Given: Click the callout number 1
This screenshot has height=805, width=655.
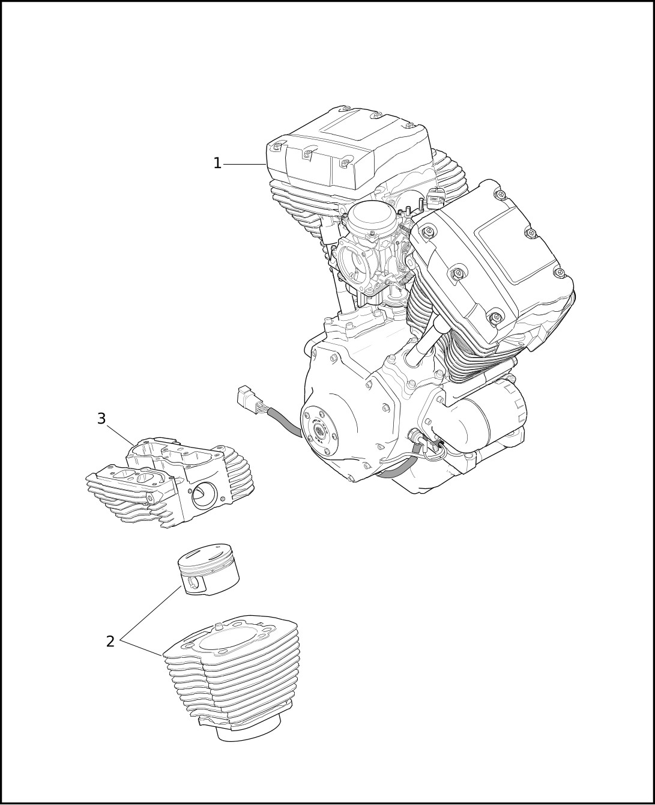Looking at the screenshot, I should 217,163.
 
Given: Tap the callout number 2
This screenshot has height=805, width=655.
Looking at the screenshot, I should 110,642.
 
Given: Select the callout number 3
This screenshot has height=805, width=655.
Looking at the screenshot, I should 101,419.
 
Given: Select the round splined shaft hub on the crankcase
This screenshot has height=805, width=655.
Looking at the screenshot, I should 318,430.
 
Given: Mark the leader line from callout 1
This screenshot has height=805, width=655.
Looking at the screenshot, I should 244,164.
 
